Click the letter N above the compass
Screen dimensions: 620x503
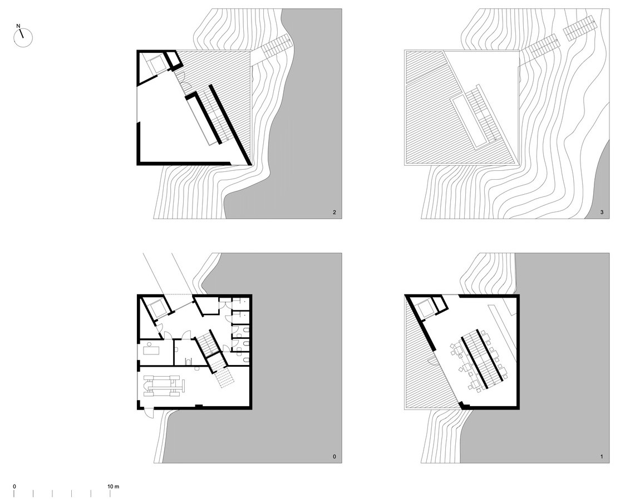coord(18,26)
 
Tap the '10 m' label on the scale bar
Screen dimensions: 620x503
coord(114,486)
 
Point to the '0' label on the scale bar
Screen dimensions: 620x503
coord(14,486)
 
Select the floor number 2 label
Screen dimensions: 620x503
coord(334,213)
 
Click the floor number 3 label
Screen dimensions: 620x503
coord(602,213)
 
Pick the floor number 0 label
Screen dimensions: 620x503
coord(334,457)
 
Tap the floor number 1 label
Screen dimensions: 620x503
coord(602,457)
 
